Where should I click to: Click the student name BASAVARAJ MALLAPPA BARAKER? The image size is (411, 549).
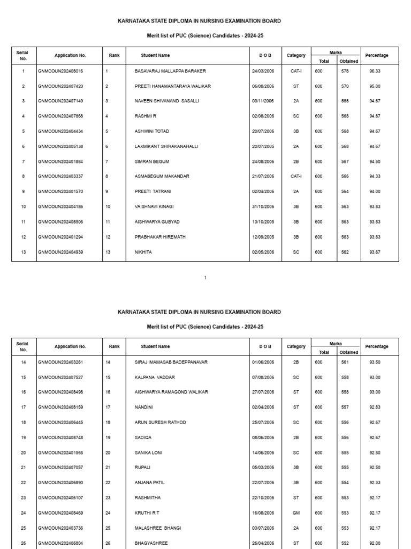170,71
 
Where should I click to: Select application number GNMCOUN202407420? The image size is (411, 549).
60,86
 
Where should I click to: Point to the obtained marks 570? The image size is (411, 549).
345,86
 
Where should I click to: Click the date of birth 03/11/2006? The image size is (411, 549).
263,101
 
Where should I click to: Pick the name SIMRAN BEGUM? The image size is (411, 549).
150,161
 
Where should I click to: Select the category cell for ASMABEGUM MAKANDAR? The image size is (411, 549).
296,176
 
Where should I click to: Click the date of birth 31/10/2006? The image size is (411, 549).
263,206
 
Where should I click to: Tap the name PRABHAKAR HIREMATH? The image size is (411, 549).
160,236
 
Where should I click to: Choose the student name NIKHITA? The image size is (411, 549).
143,251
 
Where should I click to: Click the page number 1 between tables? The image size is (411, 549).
205,277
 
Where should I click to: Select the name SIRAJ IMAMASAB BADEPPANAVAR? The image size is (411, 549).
171,362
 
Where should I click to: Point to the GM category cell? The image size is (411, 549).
296,513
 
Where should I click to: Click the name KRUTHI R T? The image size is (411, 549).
147,513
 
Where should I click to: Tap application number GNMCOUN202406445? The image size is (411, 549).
60,422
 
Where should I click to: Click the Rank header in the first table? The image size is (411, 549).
114,55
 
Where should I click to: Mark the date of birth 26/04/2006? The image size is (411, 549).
263,543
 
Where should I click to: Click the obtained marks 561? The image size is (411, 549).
345,362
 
